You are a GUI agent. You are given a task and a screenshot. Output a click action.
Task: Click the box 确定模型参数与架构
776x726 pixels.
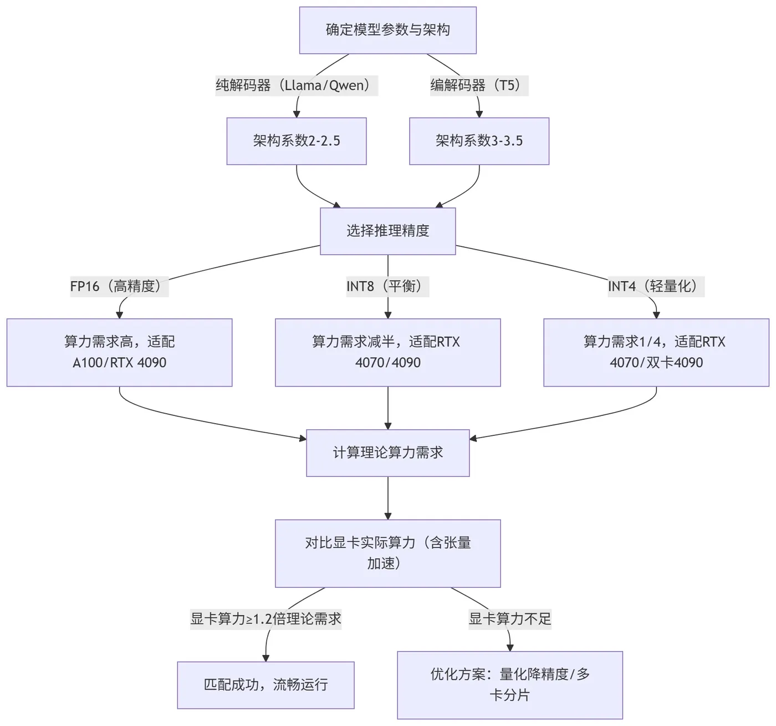387,30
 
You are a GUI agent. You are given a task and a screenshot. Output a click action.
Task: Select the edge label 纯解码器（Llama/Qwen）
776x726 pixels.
297,85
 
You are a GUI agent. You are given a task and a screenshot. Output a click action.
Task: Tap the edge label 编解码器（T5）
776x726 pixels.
479,85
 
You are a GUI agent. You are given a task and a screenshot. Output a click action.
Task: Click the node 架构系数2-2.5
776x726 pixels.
297,141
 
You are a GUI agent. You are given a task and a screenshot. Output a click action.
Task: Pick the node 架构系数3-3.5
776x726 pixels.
479,141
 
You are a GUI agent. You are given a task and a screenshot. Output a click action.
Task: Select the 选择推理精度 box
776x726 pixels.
387,231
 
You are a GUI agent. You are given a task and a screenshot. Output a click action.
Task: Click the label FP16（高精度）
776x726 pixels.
119,286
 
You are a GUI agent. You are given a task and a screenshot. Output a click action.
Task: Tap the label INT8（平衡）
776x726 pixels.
387,286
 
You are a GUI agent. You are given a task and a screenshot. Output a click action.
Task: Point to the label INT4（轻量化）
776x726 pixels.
656,286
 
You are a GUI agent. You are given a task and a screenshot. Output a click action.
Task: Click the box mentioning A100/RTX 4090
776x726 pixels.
119,352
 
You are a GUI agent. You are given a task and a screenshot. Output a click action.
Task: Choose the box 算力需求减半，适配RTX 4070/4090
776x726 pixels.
387,352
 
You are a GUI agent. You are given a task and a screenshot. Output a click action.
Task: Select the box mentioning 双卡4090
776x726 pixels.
656,352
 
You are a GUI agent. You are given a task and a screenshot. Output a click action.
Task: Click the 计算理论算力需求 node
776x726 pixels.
387,453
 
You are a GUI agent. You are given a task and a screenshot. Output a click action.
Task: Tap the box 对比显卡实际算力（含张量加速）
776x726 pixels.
387,553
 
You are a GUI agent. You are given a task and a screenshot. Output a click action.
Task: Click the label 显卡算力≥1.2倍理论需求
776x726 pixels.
266,619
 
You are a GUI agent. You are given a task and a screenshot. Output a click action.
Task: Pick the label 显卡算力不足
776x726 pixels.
510,619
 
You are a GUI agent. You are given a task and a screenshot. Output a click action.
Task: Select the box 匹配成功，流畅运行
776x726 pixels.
266,684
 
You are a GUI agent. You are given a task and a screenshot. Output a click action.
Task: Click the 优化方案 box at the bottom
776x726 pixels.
510,684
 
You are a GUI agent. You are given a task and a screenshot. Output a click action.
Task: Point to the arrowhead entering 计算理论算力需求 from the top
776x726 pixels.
387,425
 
